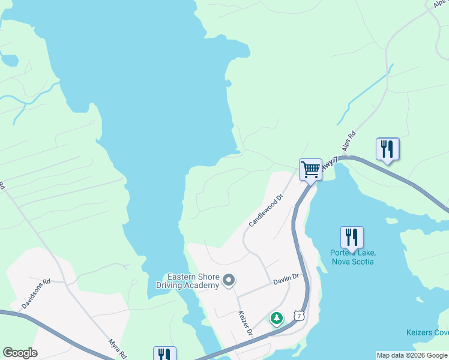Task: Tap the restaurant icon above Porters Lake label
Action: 352,237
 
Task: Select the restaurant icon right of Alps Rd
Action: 387,149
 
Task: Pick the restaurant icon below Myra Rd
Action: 164,354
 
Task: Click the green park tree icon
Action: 276,318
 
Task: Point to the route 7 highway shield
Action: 298,315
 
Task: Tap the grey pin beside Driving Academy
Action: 229,280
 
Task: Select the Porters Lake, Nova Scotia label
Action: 352,257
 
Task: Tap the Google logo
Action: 19,353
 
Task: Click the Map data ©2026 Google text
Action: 411,355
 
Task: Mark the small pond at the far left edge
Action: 8,60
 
